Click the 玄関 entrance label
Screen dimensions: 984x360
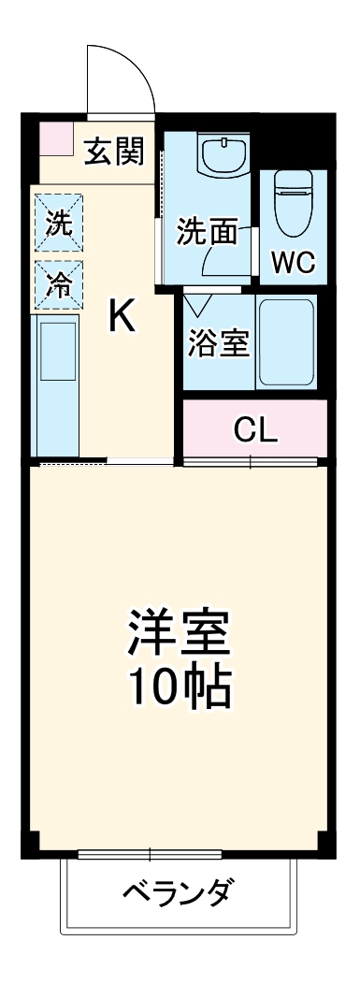click(x=115, y=152)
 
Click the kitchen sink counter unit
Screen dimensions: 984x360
click(x=58, y=383)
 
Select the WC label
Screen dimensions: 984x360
click(x=293, y=263)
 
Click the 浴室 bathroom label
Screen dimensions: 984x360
click(x=219, y=341)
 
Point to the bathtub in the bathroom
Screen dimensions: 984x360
click(x=286, y=342)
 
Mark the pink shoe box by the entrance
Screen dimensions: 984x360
click(x=54, y=138)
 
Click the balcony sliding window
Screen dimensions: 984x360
click(x=150, y=853)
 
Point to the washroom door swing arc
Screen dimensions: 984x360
click(x=224, y=260)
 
